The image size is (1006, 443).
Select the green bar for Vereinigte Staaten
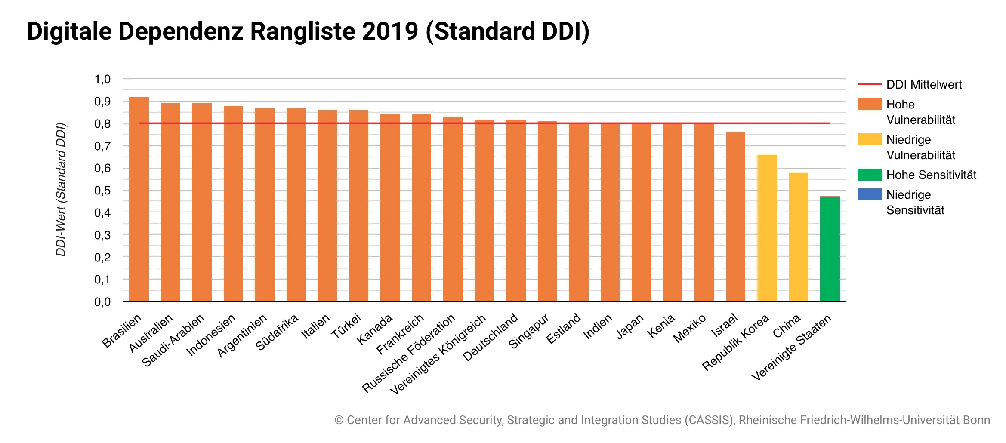pos(830,249)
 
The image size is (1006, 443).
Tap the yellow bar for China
pos(799,237)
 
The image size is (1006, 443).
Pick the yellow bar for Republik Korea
pos(767,228)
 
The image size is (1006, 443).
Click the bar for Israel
pos(736,217)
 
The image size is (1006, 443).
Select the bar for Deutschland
pos(516,210)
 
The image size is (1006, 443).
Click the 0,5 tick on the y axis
pos(102,191)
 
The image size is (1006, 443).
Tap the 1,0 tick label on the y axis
pos(102,79)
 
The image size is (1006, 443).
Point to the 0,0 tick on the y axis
pos(102,302)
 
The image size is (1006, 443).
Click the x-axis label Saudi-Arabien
pos(173,341)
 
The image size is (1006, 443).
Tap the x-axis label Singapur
pos(529,331)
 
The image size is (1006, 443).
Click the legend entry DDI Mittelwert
pos(923,85)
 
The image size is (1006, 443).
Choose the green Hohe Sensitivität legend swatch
pos(870,175)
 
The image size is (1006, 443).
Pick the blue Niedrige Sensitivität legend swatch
pos(870,194)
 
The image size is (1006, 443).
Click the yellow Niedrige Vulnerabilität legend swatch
pos(870,139)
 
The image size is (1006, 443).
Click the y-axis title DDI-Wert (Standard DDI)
pos(61,190)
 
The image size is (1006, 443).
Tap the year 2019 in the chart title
pos(390,31)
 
